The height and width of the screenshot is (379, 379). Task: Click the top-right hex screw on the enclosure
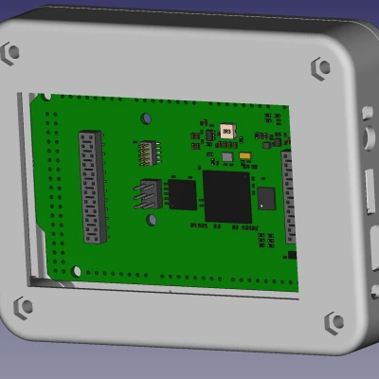[321, 67]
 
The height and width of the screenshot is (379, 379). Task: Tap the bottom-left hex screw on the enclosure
[21, 306]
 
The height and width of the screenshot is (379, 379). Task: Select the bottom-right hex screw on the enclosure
[334, 321]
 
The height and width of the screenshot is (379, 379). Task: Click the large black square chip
[227, 196]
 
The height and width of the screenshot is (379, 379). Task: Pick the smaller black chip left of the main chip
[182, 194]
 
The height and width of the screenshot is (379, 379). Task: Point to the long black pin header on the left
[90, 187]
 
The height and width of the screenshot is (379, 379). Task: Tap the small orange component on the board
[244, 156]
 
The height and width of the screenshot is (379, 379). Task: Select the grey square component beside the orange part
[227, 157]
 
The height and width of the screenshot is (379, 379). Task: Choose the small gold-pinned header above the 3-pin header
[148, 152]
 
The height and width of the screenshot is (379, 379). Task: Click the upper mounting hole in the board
[147, 118]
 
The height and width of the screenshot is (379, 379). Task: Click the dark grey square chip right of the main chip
[266, 198]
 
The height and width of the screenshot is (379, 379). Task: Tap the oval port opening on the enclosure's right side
[369, 142]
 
